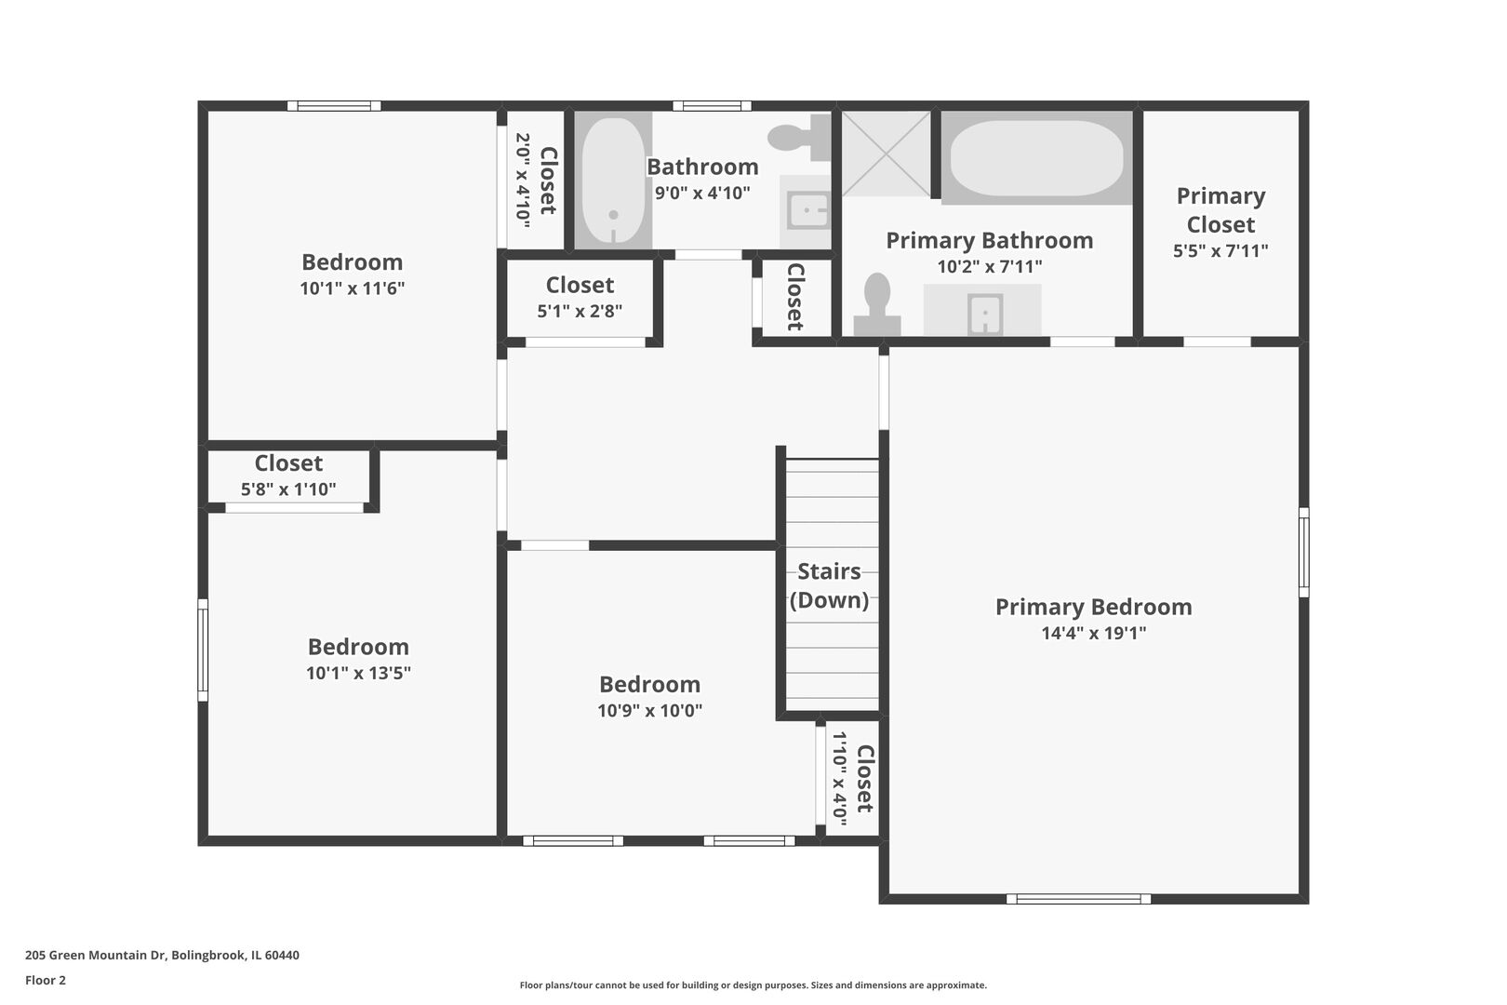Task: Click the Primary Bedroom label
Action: pos(1093,607)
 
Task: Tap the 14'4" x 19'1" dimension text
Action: pos(1093,633)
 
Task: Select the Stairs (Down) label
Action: pos(829,585)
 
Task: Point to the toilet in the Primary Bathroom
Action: pos(877,304)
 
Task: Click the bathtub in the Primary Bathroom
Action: pos(1036,158)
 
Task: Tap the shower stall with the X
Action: pos(886,154)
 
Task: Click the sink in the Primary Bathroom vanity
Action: pos(985,314)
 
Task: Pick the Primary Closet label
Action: pos(1220,210)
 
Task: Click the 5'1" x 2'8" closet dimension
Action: pos(580,311)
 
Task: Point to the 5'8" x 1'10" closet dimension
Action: pos(288,489)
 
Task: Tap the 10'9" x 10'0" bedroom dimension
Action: pos(650,710)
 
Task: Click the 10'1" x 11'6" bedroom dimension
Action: pos(352,288)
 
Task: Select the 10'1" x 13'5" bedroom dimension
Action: pos(358,673)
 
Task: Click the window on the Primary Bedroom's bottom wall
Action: pos(1078,899)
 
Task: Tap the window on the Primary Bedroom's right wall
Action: pos(1304,553)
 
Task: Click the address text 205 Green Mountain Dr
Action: pos(96,955)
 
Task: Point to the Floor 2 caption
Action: pos(46,980)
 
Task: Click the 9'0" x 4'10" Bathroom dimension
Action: pos(702,194)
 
